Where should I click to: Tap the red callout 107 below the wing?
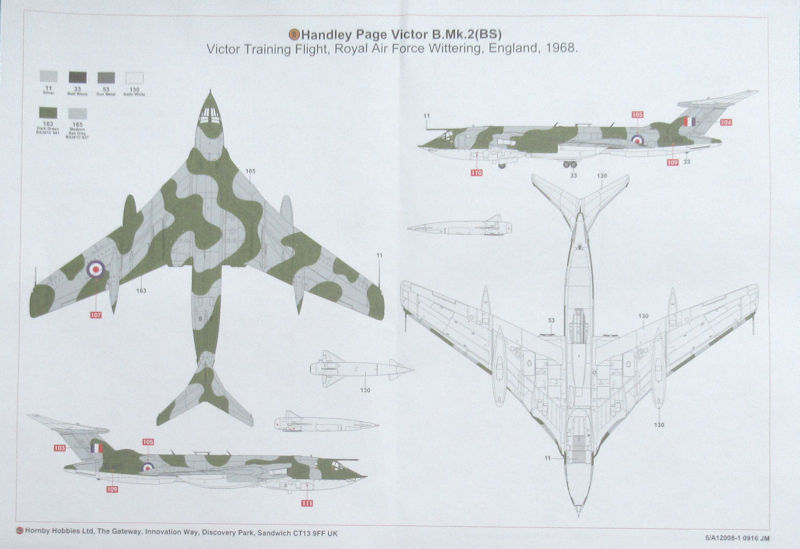tap(96, 316)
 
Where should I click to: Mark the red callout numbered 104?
tap(726, 122)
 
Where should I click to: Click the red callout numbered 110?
tap(476, 173)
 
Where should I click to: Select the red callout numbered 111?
tap(307, 501)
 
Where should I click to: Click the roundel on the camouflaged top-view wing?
tap(95, 269)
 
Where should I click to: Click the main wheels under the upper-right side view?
tap(570, 163)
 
